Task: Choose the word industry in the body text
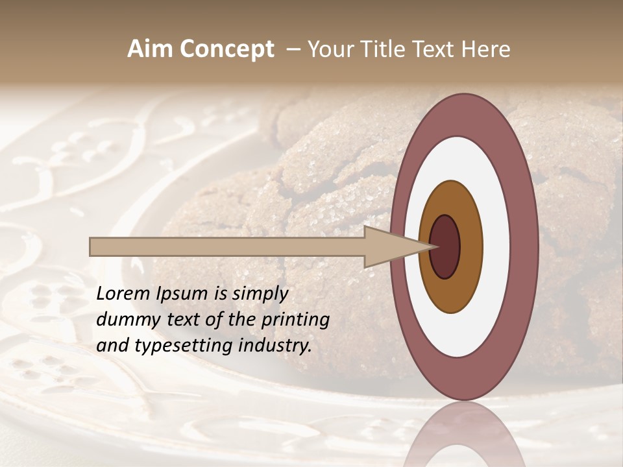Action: tap(278, 346)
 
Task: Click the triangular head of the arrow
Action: tap(389, 247)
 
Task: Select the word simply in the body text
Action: tap(260, 294)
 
